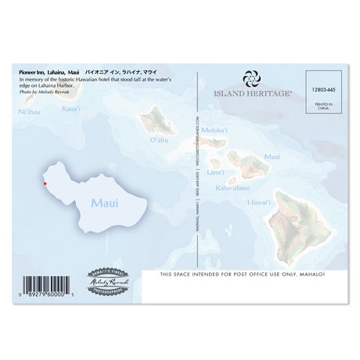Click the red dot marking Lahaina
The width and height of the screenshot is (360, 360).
point(45,183)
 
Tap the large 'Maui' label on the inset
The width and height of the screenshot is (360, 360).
point(104,203)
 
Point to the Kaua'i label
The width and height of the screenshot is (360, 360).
point(70,108)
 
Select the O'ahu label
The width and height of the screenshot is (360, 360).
point(159,142)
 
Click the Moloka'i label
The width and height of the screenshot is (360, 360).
point(214,130)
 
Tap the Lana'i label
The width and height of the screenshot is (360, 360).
point(216,171)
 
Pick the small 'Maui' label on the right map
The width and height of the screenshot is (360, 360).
point(272,157)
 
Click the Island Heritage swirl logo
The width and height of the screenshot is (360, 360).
point(251,79)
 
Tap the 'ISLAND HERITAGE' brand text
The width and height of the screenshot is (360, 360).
point(252,92)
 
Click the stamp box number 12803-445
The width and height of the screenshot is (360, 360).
point(323,90)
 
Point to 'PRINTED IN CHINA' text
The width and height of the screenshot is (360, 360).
point(324,107)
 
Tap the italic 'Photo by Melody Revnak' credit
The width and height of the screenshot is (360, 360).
point(45,92)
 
